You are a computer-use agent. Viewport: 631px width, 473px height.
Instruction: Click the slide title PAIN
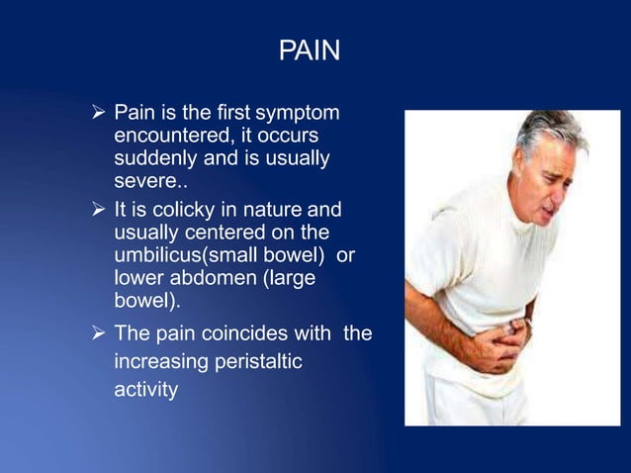pos(310,50)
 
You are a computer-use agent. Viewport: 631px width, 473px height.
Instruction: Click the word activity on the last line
pos(146,391)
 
